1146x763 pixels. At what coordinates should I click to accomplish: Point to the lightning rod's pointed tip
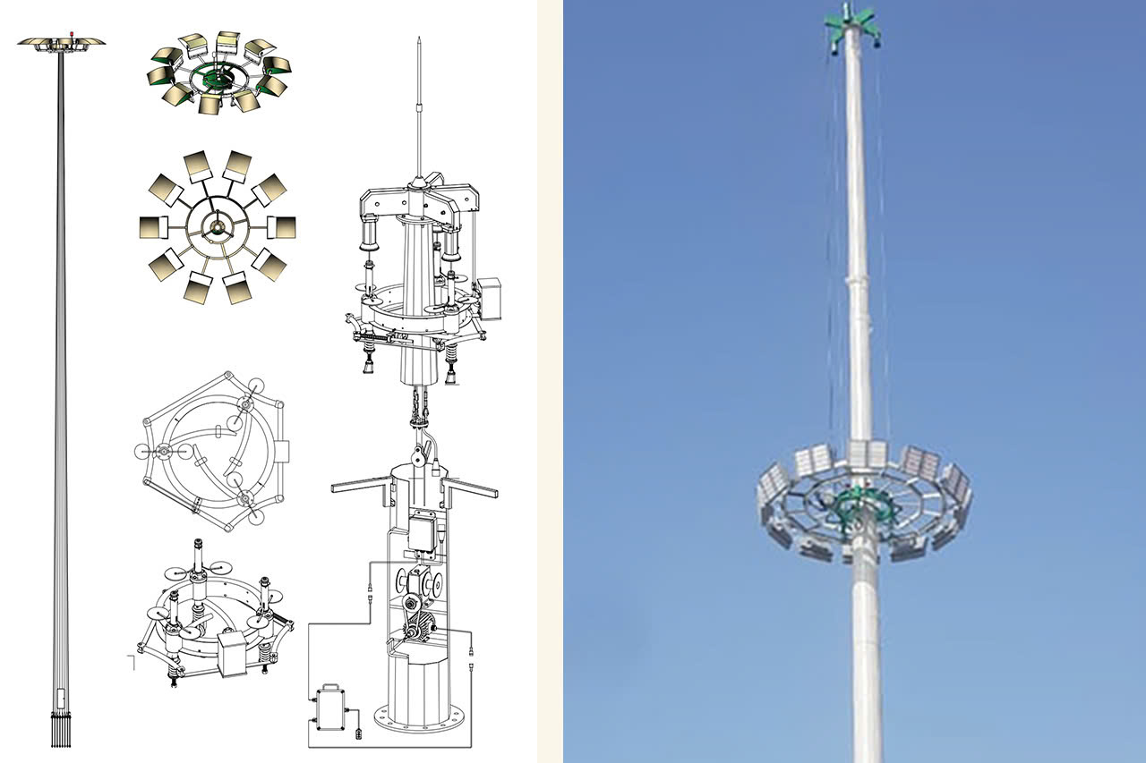point(418,39)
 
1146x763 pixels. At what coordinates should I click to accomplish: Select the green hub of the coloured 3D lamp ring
point(215,79)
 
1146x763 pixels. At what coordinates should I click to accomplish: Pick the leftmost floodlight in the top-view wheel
point(154,228)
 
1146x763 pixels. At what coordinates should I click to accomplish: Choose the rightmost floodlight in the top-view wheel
point(281,227)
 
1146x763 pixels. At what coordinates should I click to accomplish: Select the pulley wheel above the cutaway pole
point(418,458)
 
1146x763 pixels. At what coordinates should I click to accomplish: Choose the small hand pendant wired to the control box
point(359,733)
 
